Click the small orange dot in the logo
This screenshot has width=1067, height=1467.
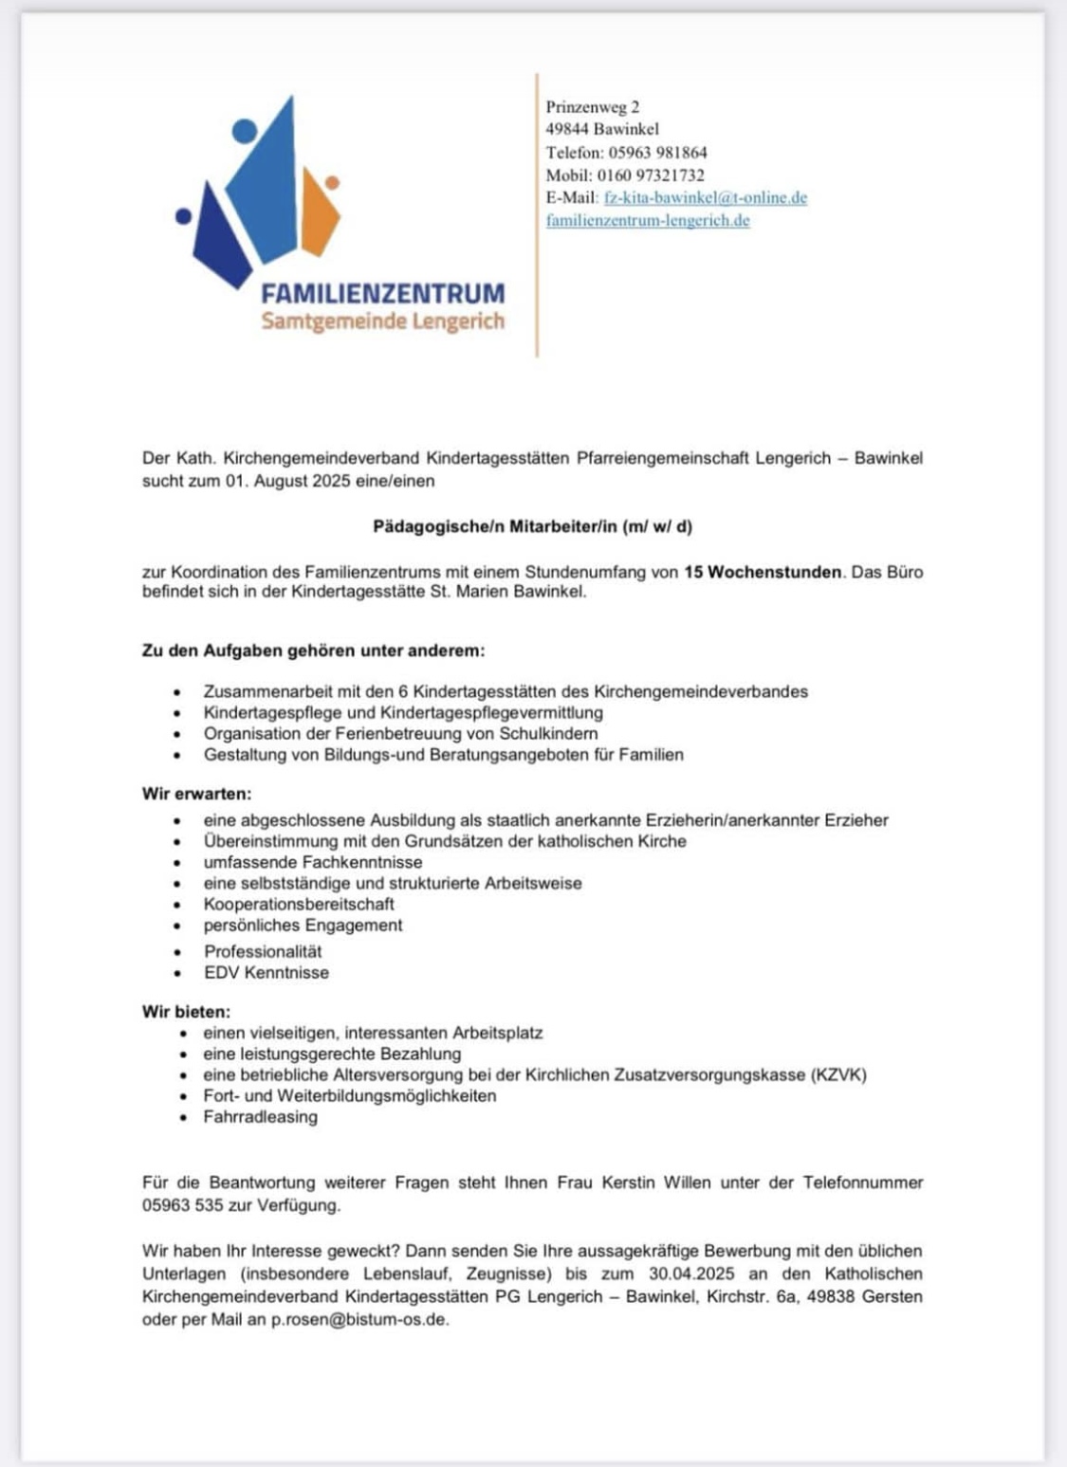coord(332,182)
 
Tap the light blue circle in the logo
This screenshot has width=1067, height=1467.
coord(245,131)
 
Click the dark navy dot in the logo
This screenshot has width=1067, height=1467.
coord(184,216)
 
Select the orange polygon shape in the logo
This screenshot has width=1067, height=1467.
coord(320,213)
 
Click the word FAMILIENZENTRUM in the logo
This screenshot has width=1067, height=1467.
coord(382,293)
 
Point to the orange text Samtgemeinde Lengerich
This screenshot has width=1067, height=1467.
coord(382,321)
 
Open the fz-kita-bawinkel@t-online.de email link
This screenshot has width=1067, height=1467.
coord(705,197)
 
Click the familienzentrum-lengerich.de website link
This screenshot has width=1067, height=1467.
coord(648,220)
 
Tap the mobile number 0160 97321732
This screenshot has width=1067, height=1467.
coord(651,174)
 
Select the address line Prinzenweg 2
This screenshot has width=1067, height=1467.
coord(592,107)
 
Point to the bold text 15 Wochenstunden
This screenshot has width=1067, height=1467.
coord(763,572)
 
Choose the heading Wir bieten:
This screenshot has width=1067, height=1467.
coord(186,1012)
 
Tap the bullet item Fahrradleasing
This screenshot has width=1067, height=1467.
coord(260,1117)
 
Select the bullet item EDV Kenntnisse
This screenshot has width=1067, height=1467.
coord(267,972)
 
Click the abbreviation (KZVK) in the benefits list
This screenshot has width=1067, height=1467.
coord(838,1074)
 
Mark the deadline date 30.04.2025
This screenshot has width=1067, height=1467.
coord(692,1274)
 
